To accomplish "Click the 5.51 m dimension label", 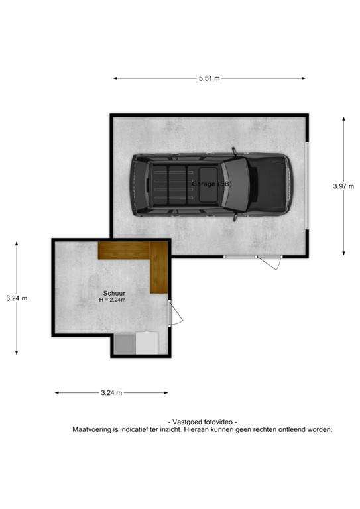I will pyautogui.click(x=209, y=78).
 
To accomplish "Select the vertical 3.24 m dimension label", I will pyautogui.click(x=17, y=298).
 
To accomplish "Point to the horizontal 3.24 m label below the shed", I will pyautogui.click(x=111, y=393).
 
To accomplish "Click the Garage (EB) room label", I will pyautogui.click(x=211, y=183).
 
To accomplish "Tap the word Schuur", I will pyautogui.click(x=113, y=292).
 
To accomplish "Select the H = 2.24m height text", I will pyautogui.click(x=113, y=300).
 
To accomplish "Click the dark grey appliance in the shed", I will pyautogui.click(x=124, y=342).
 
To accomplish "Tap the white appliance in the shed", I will pyautogui.click(x=146, y=342).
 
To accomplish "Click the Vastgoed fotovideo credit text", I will pyautogui.click(x=203, y=422).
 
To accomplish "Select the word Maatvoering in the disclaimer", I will pyautogui.click(x=93, y=429).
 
